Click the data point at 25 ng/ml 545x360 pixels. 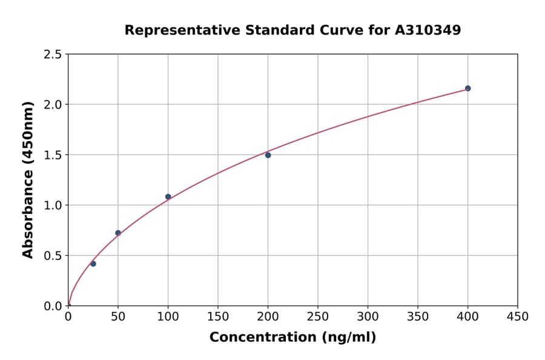pyautogui.click(x=93, y=264)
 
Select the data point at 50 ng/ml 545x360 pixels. pyautogui.click(x=118, y=233)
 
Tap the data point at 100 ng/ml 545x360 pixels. pyautogui.click(x=168, y=197)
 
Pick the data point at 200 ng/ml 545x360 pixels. pyautogui.click(x=268, y=155)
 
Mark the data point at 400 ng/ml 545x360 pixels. pyautogui.click(x=467, y=88)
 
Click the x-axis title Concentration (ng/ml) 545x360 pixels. pyautogui.click(x=292, y=338)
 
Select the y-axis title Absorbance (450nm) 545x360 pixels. pyautogui.click(x=28, y=180)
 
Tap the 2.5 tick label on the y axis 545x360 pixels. pyautogui.click(x=53, y=55)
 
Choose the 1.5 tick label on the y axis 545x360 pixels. pyautogui.click(x=53, y=155)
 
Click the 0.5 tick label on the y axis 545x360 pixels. pyautogui.click(x=53, y=256)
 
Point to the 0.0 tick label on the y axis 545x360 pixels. pyautogui.click(x=53, y=306)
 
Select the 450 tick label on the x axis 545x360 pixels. pyautogui.click(x=518, y=316)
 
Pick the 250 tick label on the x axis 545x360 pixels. pyautogui.click(x=318, y=316)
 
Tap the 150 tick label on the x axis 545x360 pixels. pyautogui.click(x=218, y=316)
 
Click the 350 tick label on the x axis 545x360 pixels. pyautogui.click(x=418, y=316)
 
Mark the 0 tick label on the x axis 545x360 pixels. pyautogui.click(x=68, y=316)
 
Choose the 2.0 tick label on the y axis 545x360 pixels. pyautogui.click(x=53, y=105)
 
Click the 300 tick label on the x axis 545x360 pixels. pyautogui.click(x=368, y=316)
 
